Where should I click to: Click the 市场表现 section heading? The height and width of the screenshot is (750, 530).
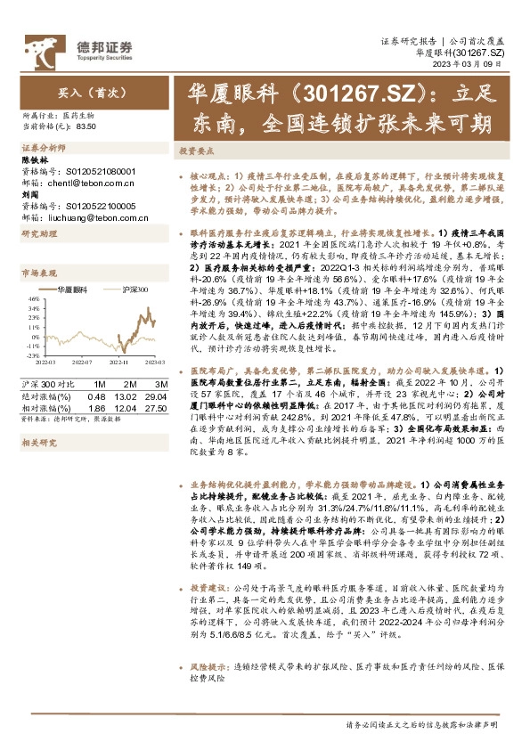coord(38,273)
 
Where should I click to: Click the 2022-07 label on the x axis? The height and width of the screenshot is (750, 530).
coord(82,363)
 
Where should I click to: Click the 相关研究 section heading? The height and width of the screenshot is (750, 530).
coord(38,442)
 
